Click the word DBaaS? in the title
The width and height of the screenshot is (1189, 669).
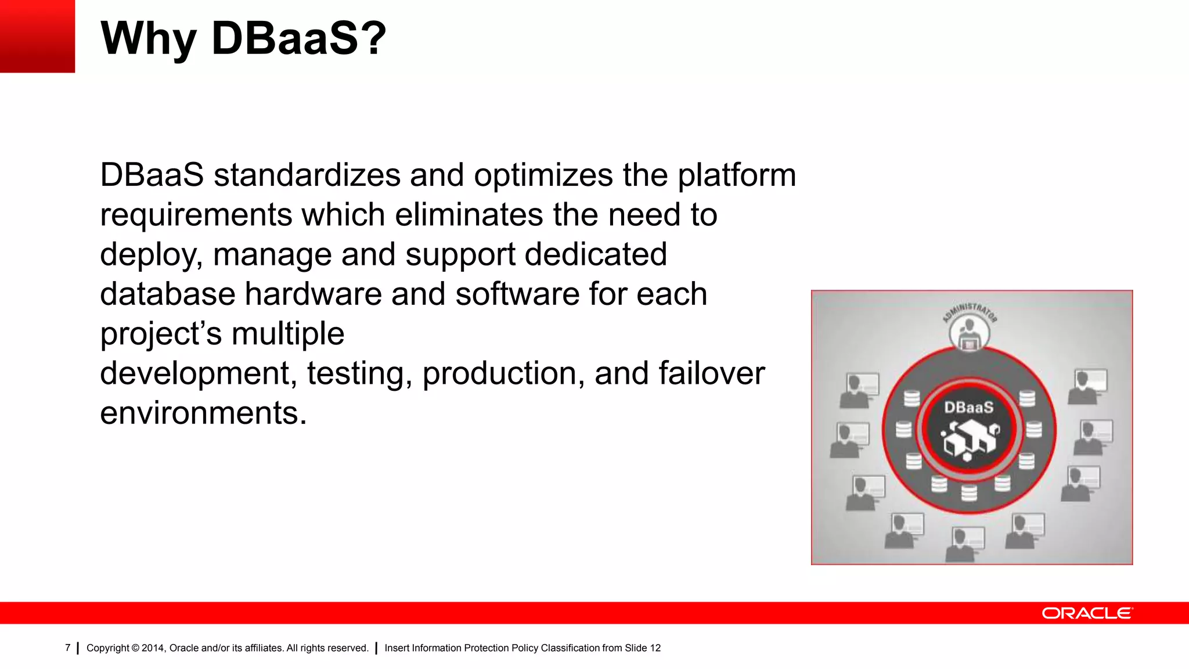coord(298,38)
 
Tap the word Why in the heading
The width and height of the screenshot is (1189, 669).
coord(148,38)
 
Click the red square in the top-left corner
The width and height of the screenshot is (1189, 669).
coord(37,36)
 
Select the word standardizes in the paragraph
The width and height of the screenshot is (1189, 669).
coord(307,175)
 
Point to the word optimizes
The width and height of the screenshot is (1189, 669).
coord(543,175)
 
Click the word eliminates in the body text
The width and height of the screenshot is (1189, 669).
coord(469,215)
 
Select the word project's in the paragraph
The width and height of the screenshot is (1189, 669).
coord(161,334)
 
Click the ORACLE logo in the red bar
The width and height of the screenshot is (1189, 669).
coord(1086,613)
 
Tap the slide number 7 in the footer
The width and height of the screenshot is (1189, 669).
coord(67,648)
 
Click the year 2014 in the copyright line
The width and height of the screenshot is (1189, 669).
coord(153,648)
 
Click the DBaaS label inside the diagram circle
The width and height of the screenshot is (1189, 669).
coord(968,408)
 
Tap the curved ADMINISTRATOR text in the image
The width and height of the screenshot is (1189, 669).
coord(970,309)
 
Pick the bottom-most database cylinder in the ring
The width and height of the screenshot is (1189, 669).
coord(969,493)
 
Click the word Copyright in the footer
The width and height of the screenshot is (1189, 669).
coord(107,648)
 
